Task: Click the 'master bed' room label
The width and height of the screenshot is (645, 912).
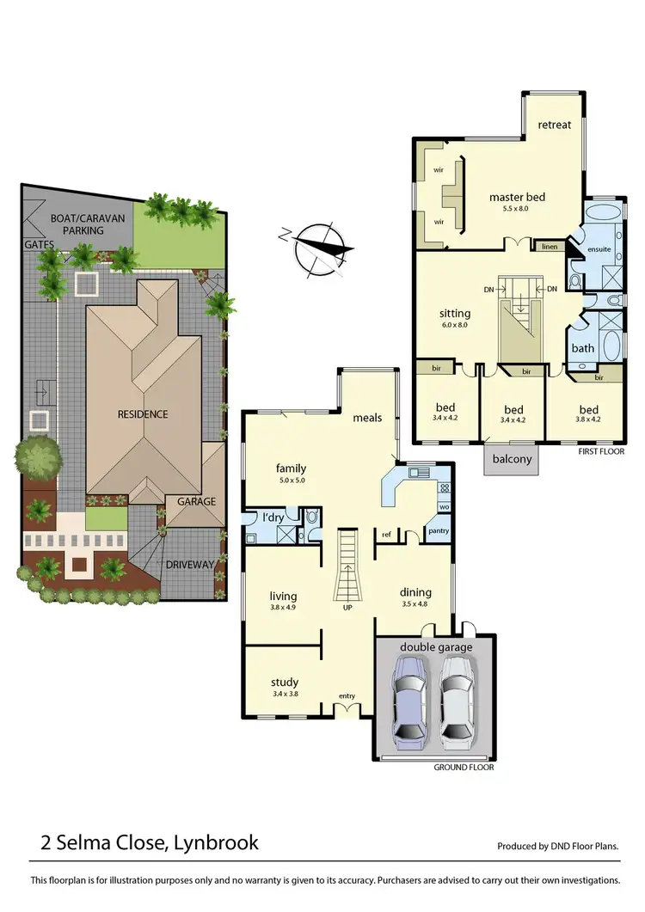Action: (x=517, y=198)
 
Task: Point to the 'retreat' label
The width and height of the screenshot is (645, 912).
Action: (x=554, y=125)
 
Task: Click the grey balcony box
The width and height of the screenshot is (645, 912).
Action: (x=512, y=459)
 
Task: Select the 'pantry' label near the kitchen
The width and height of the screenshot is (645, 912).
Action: (x=438, y=531)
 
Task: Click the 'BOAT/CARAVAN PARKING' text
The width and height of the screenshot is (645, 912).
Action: (x=88, y=224)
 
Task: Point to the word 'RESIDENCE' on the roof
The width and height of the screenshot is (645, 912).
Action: (x=143, y=413)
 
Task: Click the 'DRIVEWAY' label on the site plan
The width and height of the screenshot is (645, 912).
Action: (x=191, y=565)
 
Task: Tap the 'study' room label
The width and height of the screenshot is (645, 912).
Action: (x=284, y=683)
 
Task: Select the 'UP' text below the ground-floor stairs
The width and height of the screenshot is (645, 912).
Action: (x=347, y=607)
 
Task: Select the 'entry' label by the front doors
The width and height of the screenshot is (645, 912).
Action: (x=347, y=696)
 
